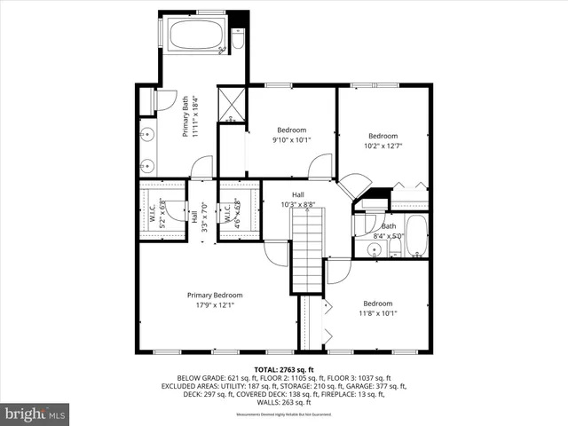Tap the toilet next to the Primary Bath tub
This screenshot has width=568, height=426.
tap(238, 40)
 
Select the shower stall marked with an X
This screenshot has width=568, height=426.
tap(233, 104)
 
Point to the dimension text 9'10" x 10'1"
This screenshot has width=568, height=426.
tap(291, 138)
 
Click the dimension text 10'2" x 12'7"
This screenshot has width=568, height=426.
tap(383, 146)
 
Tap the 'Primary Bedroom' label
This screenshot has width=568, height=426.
tap(214, 296)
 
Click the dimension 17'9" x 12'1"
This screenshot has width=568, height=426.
tap(214, 306)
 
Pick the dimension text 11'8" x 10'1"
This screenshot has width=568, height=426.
tap(378, 312)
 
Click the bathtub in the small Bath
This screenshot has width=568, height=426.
tap(415, 235)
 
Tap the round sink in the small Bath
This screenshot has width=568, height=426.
tap(375, 251)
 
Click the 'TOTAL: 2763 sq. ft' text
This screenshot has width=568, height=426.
tap(284, 368)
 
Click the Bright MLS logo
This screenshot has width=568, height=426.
tap(35, 414)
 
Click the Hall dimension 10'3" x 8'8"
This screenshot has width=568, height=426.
tap(298, 204)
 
